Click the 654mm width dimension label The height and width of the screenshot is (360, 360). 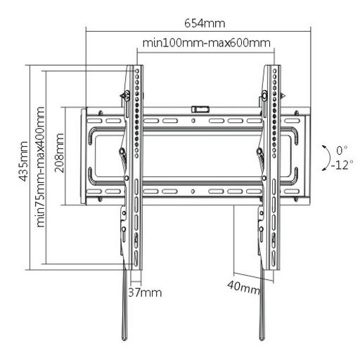205,23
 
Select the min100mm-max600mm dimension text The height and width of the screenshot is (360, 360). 206,43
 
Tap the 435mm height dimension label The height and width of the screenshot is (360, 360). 23,162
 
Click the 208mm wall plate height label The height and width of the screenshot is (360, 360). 59,153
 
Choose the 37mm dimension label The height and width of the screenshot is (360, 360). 145,292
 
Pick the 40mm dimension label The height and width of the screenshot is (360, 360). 244,288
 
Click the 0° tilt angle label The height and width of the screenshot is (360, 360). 342,150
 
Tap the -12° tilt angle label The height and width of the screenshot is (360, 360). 342,165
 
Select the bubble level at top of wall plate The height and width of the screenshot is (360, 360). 200,109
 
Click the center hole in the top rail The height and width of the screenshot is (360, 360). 193,121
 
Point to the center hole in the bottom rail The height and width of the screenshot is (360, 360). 193,191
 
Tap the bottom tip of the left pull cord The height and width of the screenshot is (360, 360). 124,339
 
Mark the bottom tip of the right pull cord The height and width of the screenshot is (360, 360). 262,339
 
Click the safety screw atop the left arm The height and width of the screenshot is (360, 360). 126,96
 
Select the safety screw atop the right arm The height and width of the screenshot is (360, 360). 265,95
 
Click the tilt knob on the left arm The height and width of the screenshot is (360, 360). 122,152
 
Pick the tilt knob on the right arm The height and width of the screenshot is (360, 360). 259,151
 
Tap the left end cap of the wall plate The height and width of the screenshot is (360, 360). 84,156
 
